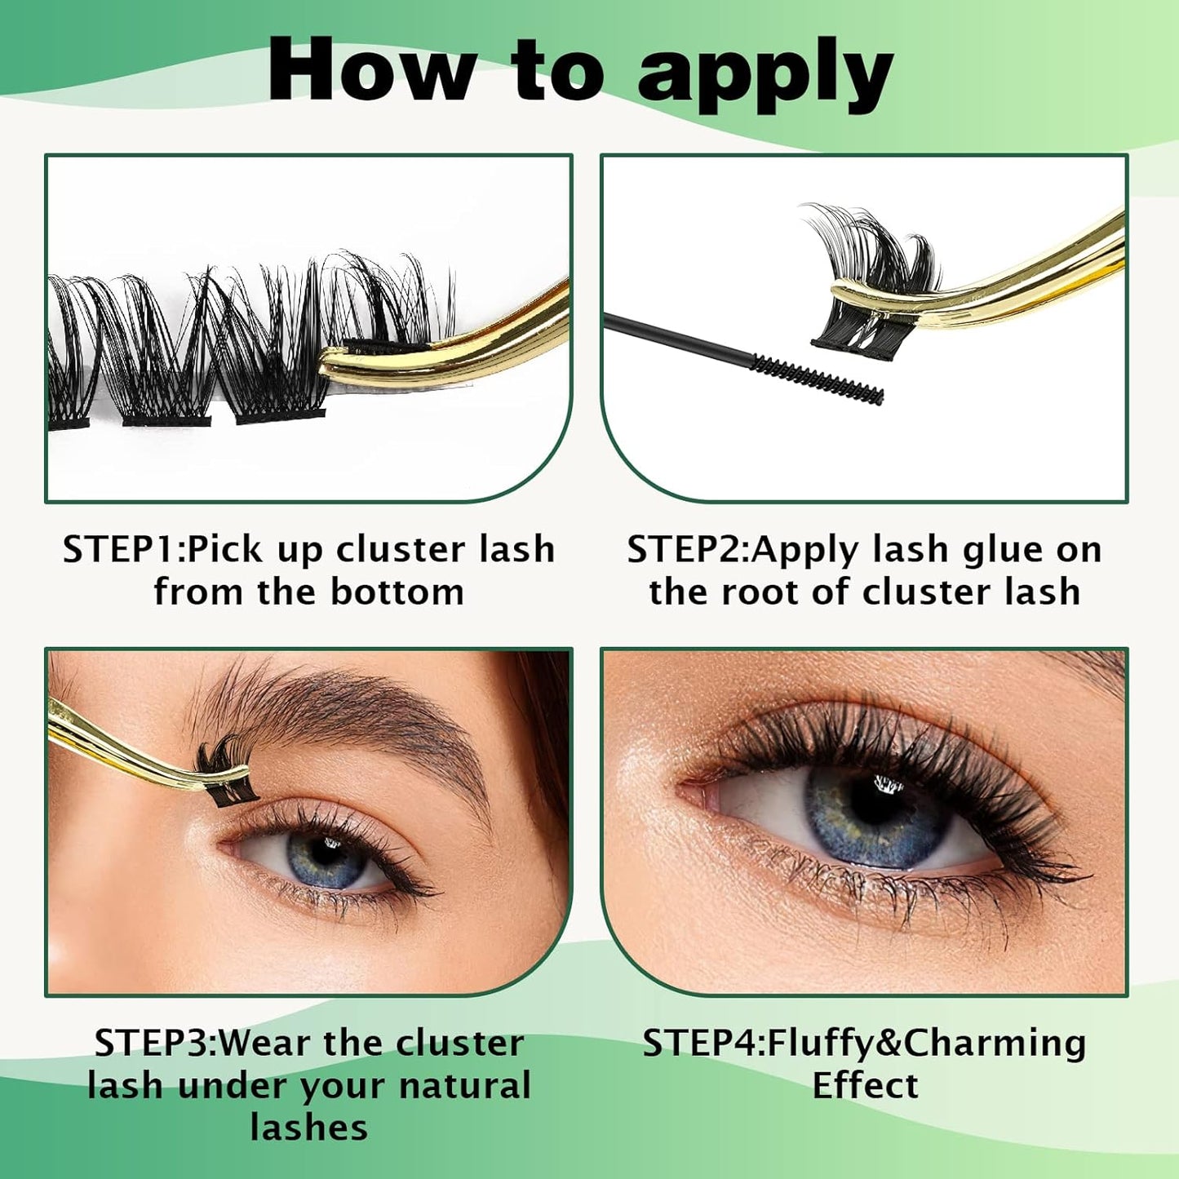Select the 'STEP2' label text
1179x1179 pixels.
[685, 549]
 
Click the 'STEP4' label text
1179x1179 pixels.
[701, 1043]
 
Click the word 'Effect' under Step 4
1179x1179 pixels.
[865, 1086]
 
